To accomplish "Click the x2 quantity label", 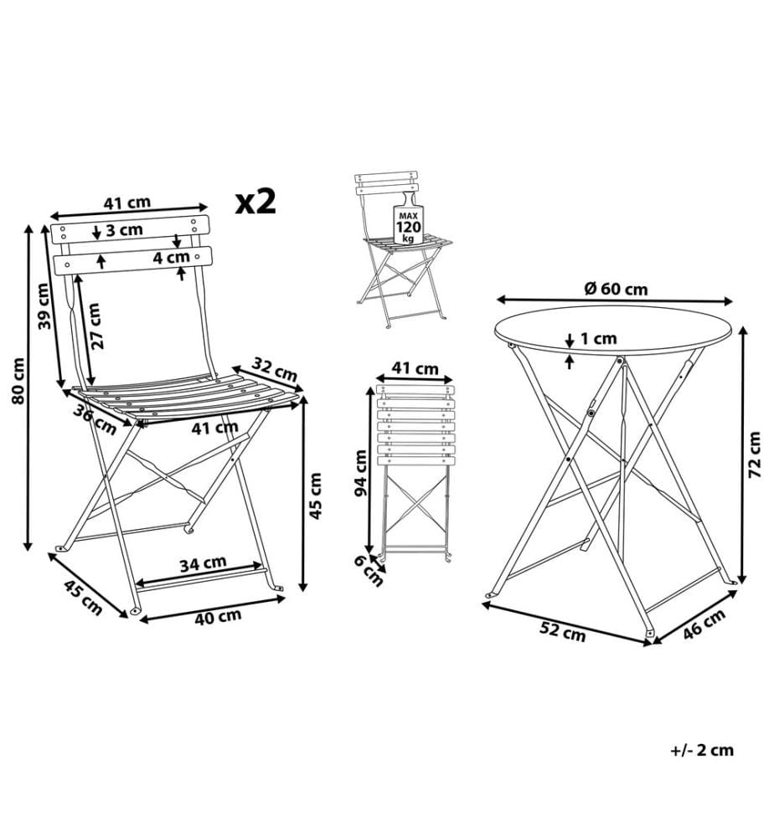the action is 255,201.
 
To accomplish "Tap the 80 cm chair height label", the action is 18,381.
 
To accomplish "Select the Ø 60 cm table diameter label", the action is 616,289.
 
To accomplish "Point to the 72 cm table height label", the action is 754,454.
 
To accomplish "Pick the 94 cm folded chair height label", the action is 361,473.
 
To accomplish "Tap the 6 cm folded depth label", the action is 369,571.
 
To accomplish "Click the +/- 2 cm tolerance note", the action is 702,750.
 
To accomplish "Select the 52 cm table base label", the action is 562,631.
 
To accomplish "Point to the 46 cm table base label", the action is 704,623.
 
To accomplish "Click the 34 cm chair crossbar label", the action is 203,563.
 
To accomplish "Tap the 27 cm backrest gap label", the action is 95,326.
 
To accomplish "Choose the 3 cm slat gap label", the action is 124,230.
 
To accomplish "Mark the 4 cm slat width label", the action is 172,258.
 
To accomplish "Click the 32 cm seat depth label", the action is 275,370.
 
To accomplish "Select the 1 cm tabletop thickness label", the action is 598,338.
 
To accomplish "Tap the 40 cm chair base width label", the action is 218,617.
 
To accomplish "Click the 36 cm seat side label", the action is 95,420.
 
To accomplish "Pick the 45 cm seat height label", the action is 316,496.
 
